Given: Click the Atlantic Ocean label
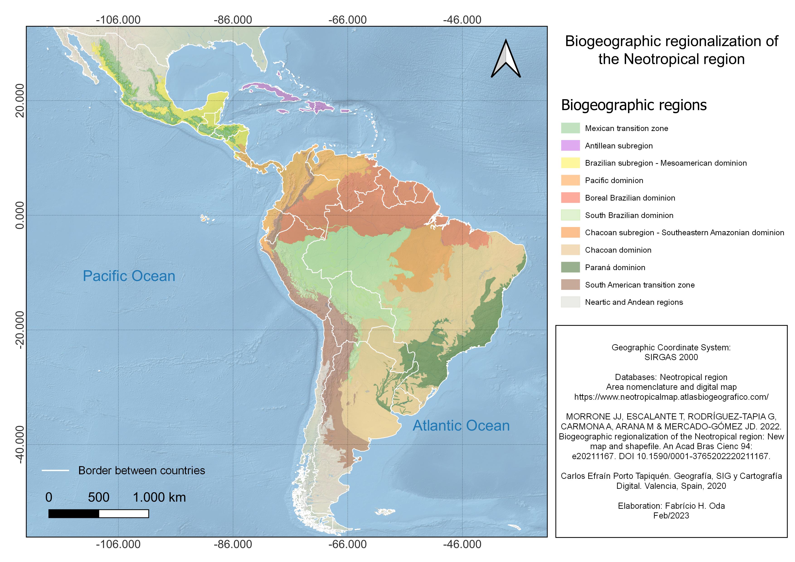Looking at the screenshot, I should (461, 426).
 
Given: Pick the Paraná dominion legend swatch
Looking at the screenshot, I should (570, 267).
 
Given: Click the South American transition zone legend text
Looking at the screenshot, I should (639, 285).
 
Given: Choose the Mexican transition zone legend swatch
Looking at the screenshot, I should (570, 128).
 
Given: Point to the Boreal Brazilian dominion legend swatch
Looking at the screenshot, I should (570, 198).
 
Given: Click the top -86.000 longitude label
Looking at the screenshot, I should (233, 20).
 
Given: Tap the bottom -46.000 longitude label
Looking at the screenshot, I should (462, 544).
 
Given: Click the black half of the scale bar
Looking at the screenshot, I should (74, 514).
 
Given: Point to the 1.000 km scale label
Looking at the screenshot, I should (159, 497).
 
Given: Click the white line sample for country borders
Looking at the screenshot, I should (55, 470).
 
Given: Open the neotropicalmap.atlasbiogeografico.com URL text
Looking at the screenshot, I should (671, 397).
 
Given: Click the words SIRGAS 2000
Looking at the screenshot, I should (671, 357).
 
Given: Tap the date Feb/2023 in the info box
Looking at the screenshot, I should (671, 516).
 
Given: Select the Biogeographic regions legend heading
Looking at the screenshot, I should (633, 105).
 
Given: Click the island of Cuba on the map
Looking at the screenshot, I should (268, 90).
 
